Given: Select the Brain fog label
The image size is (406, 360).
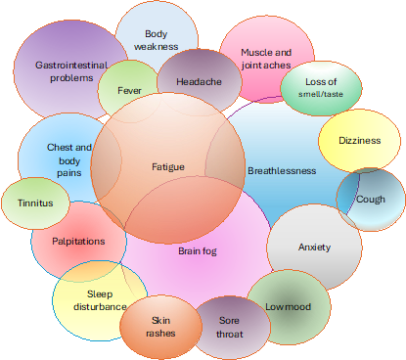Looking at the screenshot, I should point(197,251).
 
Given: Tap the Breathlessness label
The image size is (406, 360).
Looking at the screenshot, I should point(282,170).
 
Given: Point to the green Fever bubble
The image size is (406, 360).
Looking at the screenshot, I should point(129,90).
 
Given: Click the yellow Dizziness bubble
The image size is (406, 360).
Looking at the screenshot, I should point(359,141).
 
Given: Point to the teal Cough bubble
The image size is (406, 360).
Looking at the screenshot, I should point(370,199).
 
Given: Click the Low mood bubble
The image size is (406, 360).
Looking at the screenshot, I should point(288,306).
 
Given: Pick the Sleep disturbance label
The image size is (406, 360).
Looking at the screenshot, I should point(100,299).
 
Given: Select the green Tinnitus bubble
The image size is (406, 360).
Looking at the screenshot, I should point(35,203).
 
